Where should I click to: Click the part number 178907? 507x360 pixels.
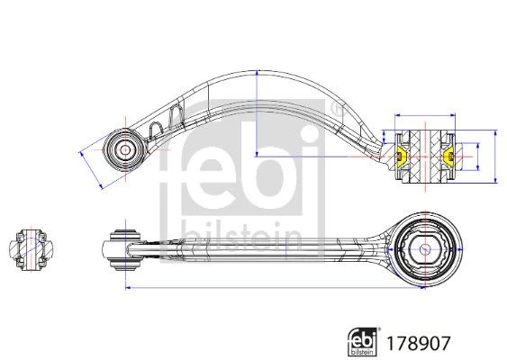click(418, 344)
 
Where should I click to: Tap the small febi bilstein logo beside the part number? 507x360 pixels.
click(363, 342)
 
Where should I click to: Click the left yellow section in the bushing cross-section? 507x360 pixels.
click(402, 157)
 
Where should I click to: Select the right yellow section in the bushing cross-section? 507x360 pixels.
click(448, 157)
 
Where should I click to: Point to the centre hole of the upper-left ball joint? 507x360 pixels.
click(125, 149)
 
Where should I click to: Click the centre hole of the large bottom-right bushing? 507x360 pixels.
click(424, 249)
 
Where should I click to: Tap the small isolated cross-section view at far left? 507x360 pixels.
click(31, 249)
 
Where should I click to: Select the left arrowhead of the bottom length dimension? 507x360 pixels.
click(128, 287)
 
